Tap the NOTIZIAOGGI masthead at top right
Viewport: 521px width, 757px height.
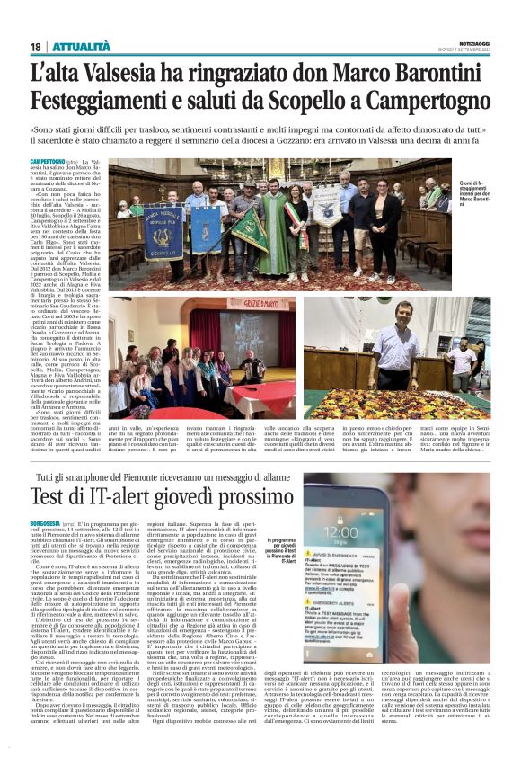472,41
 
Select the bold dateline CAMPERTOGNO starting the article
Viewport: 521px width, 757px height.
47,160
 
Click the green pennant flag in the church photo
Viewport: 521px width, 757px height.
249,231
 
